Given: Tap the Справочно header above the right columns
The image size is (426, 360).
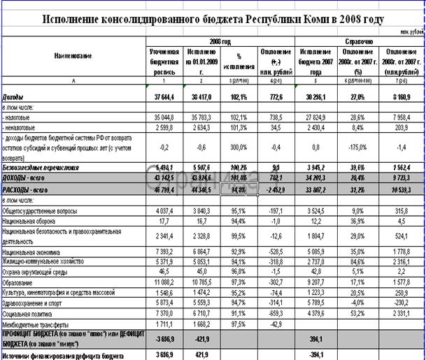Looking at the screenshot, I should (x=357, y=42).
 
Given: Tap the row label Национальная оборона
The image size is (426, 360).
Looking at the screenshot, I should (x=33, y=221).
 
